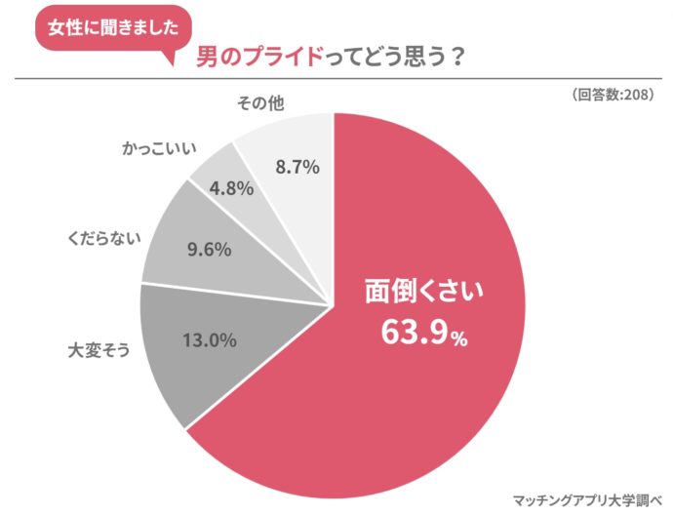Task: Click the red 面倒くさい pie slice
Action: pos(410,390)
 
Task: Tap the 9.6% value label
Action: pos(208,250)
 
